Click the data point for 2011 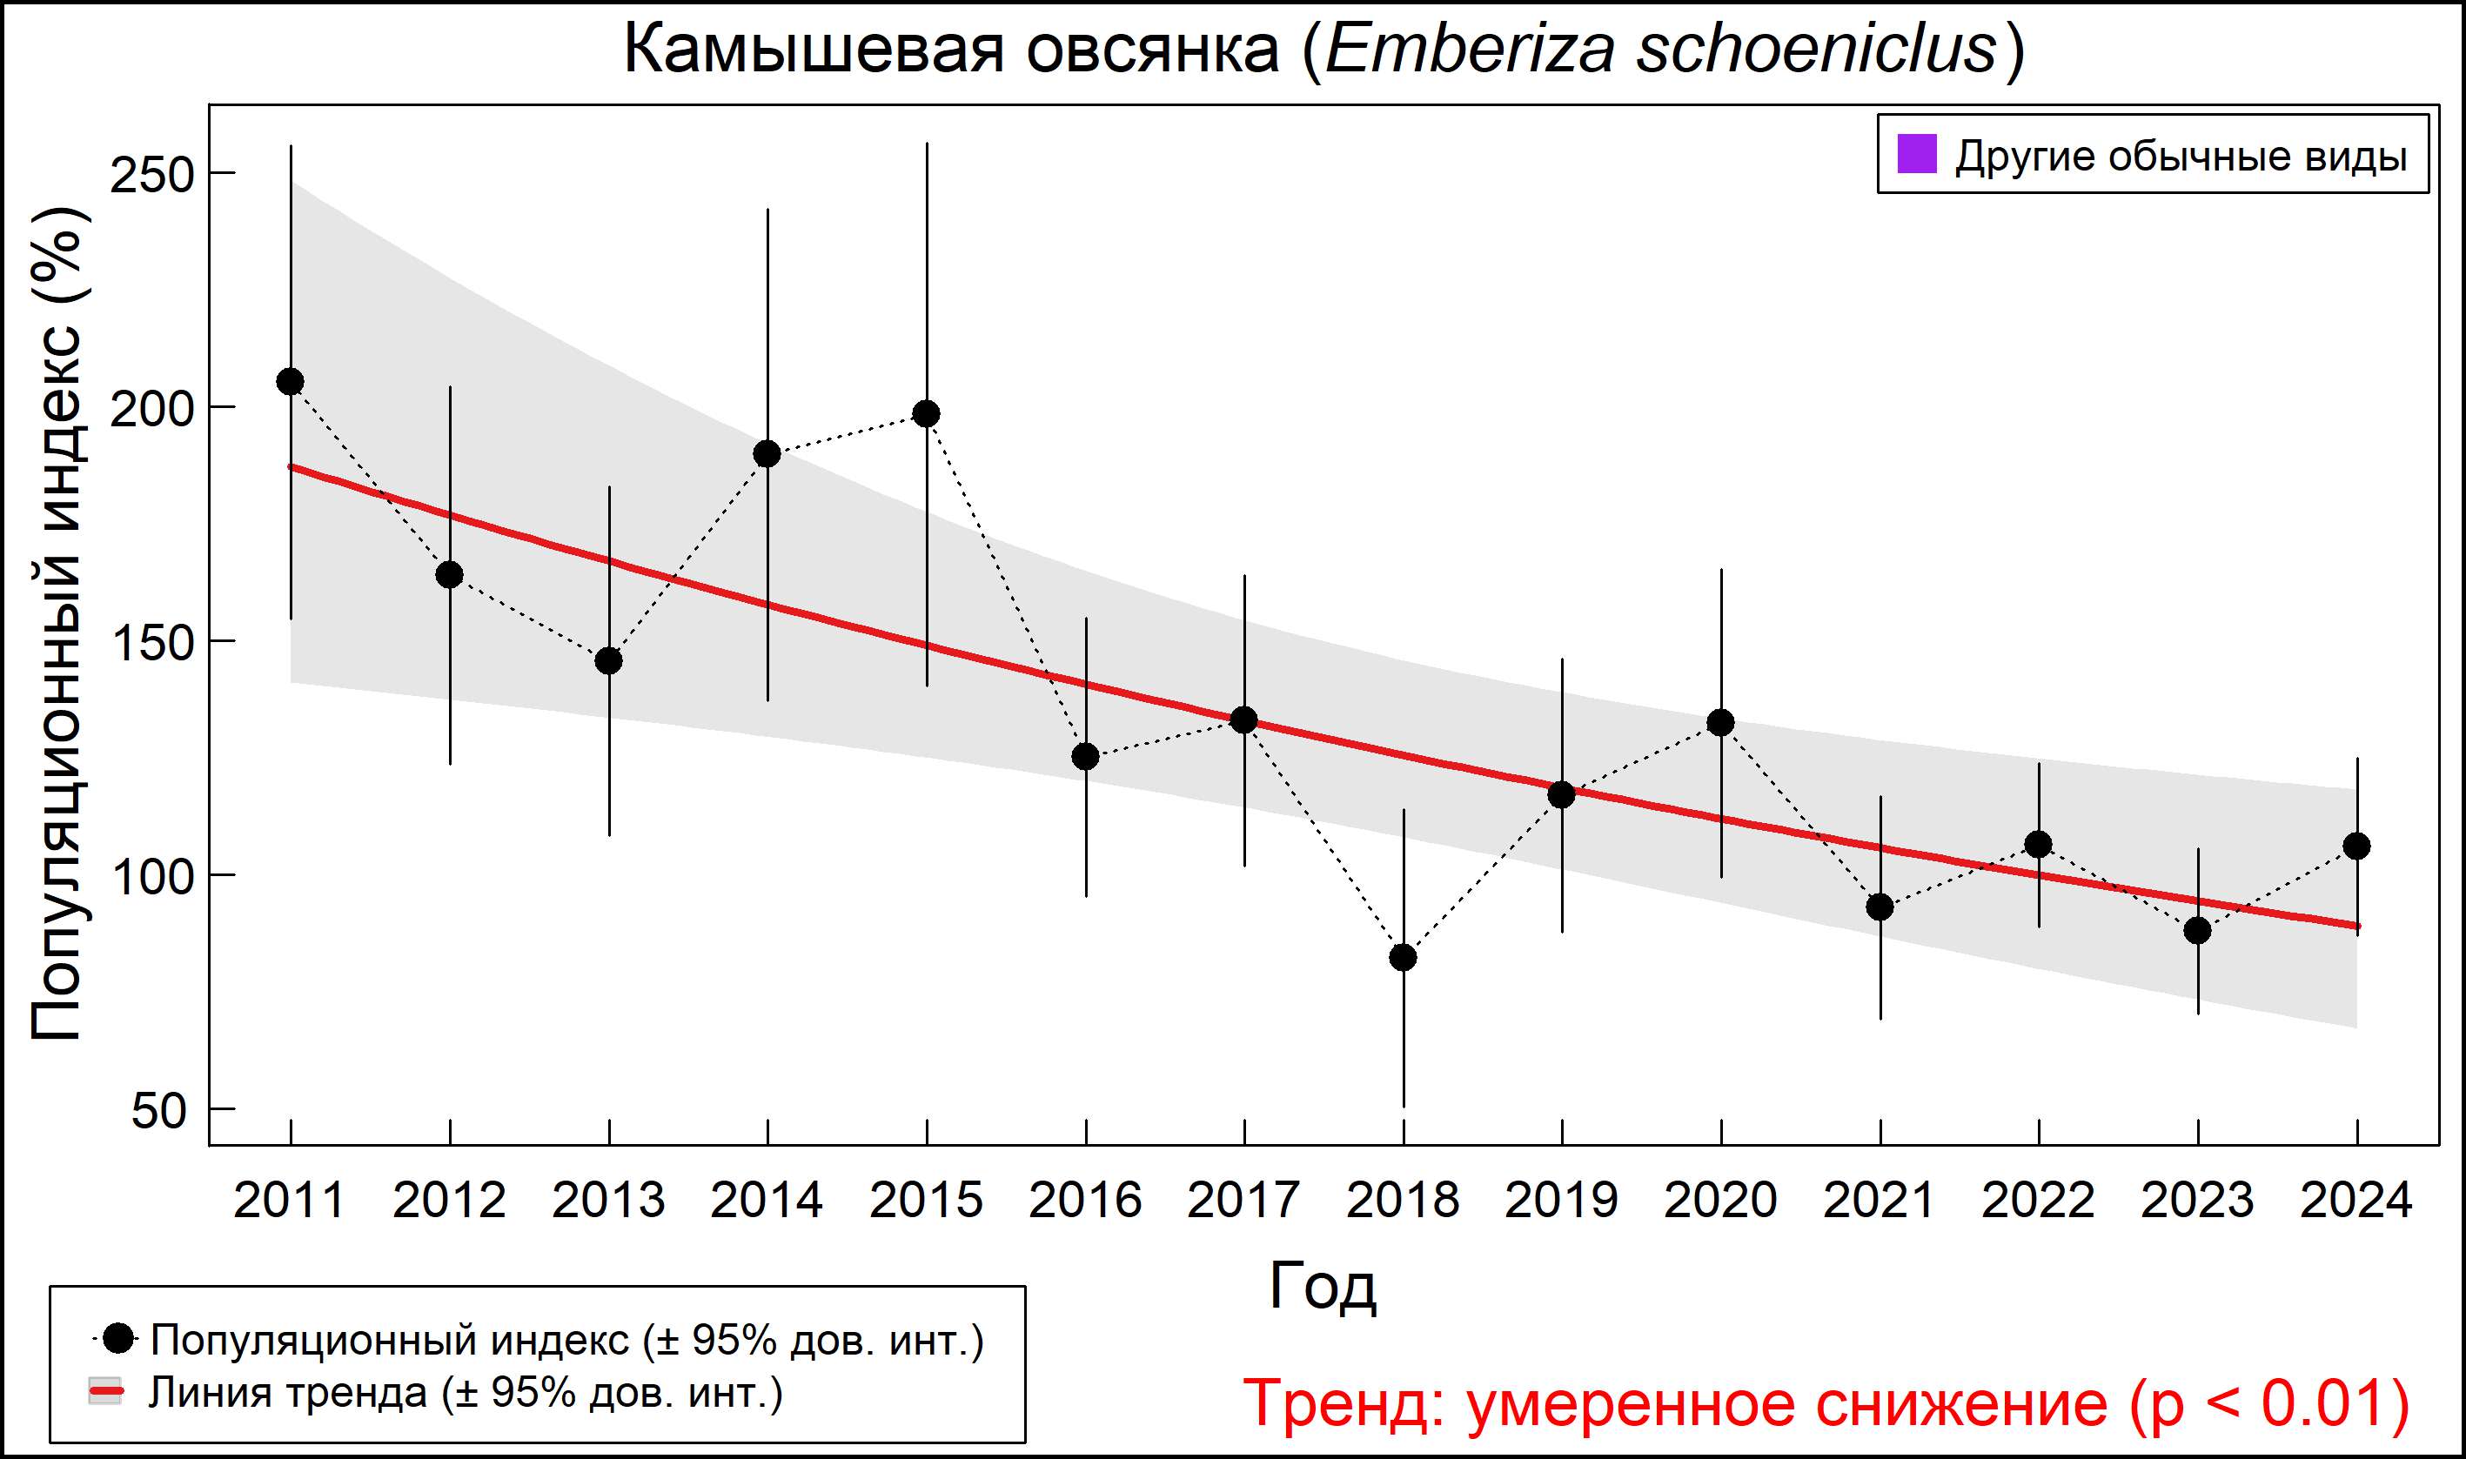(290, 381)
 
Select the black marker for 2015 (926, 414)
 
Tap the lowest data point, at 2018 (1403, 958)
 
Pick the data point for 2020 (1720, 723)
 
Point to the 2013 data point (608, 660)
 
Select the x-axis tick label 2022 (2038, 1201)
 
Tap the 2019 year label (1561, 1201)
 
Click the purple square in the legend (1916, 154)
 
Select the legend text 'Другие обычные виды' (2181, 157)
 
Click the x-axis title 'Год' (1323, 1287)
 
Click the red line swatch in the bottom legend (105, 1392)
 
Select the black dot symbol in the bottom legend (118, 1338)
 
